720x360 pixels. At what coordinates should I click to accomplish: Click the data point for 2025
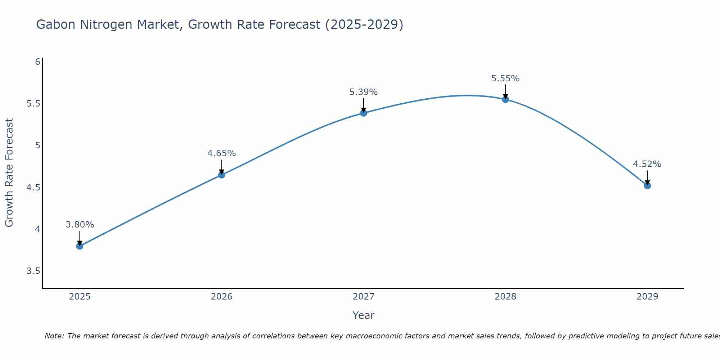80,246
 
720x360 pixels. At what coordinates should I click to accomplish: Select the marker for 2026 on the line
222,175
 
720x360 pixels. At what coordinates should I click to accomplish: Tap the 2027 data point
364,113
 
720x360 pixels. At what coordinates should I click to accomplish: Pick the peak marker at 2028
505,99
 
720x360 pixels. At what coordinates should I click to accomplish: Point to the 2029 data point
647,186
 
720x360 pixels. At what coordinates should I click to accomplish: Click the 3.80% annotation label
80,225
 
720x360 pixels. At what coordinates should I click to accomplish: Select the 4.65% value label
222,153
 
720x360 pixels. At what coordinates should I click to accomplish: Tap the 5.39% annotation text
364,92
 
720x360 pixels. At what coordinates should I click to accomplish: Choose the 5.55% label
505,78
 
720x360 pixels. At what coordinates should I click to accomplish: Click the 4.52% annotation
647,164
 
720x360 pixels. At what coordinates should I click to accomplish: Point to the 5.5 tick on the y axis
33,104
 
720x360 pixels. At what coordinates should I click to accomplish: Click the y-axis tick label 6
37,62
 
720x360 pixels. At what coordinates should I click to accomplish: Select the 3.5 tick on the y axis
33,271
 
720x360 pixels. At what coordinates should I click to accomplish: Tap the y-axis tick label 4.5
33,188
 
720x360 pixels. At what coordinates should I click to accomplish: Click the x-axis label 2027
364,297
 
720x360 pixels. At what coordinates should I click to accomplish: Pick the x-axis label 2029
647,297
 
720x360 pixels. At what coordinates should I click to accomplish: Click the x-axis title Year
364,315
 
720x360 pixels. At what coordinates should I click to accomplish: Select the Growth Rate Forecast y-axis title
9,173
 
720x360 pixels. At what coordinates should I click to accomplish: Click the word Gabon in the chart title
56,25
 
